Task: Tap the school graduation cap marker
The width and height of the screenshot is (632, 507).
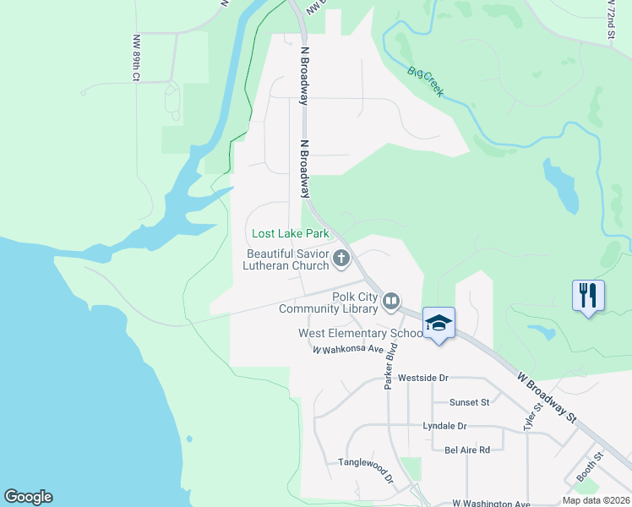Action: (439, 323)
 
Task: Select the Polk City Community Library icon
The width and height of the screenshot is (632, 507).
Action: (391, 301)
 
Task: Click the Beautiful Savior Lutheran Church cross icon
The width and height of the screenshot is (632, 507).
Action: (341, 259)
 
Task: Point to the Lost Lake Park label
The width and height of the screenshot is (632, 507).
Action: (290, 233)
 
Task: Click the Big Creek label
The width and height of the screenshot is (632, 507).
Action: (425, 82)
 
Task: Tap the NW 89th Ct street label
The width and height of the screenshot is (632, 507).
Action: (135, 58)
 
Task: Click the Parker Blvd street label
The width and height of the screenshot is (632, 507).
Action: (390, 372)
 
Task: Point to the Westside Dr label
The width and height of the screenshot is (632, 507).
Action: (422, 378)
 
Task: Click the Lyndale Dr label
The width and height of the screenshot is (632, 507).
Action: (444, 427)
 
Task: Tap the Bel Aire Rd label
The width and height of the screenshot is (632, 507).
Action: (467, 450)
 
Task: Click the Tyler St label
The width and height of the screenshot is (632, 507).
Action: (531, 417)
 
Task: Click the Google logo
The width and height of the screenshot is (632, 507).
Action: (28, 497)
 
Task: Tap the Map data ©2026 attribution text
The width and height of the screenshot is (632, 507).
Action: (596, 500)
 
